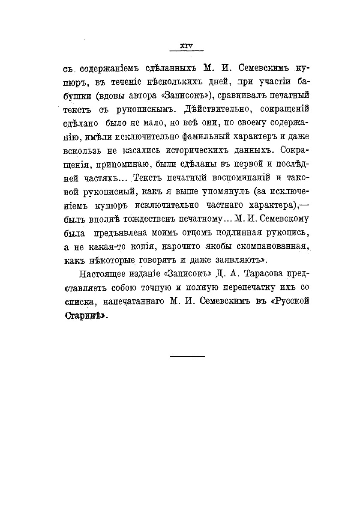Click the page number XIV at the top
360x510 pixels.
(187, 45)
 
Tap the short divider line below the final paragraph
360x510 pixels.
(188, 355)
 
